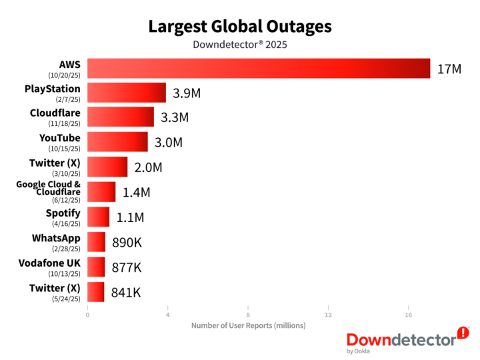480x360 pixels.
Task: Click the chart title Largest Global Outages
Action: [x=239, y=27]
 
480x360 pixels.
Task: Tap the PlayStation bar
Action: [x=127, y=93]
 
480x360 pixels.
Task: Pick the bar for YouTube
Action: [x=117, y=142]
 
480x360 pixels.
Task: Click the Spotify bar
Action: [x=98, y=217]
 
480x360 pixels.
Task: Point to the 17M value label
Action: [x=449, y=69]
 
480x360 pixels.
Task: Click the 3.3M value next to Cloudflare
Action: [x=175, y=117]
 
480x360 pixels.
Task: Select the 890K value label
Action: [x=127, y=242]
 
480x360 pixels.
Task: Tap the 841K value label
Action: [x=126, y=291]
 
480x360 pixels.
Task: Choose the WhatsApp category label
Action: [x=56, y=238]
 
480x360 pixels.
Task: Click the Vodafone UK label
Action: [x=50, y=263]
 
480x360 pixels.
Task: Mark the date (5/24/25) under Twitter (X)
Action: [x=65, y=299]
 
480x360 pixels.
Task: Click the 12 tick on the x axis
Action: [x=328, y=315]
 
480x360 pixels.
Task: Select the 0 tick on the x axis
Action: [x=87, y=315]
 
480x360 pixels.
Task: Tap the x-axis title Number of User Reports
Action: [x=248, y=325]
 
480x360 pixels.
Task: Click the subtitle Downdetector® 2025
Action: [x=239, y=45]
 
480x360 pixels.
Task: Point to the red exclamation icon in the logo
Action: [x=463, y=333]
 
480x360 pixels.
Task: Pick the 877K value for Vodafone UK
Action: [x=127, y=267]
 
